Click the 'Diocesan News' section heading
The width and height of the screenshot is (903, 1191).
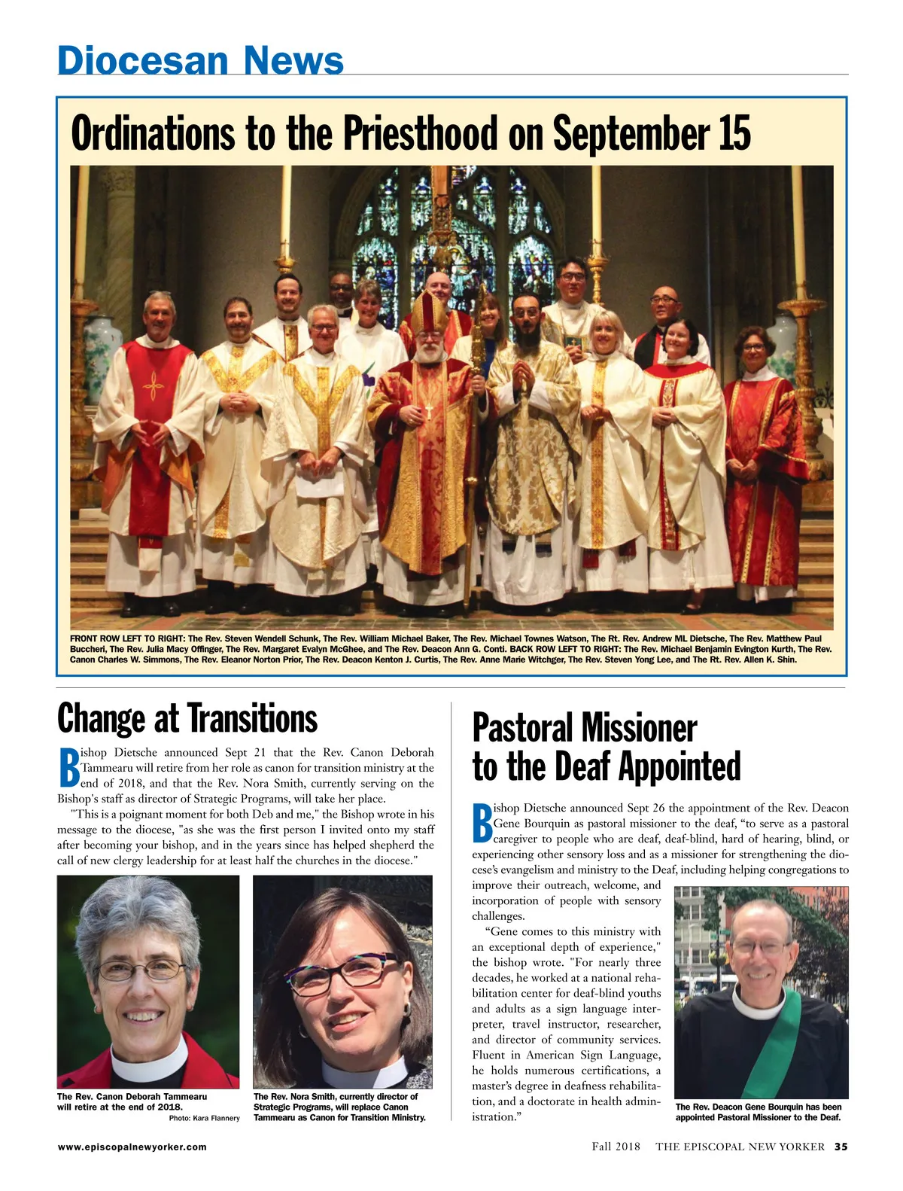click(x=200, y=60)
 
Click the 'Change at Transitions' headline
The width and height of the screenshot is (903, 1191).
click(x=187, y=718)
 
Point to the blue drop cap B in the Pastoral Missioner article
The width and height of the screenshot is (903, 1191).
click(x=482, y=824)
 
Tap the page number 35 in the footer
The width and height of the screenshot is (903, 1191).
click(x=841, y=1147)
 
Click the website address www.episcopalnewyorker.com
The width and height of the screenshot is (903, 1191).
click(x=132, y=1147)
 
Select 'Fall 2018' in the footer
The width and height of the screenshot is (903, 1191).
click(x=616, y=1147)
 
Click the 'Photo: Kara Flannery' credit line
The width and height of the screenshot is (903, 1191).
click(x=204, y=1118)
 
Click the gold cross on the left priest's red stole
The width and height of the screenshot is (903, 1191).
click(x=154, y=387)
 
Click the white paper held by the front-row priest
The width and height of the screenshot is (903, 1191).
click(x=319, y=482)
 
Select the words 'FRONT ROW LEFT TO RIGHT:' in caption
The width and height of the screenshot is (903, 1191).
click(x=127, y=638)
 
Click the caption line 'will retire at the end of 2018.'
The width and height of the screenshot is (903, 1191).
click(x=120, y=1107)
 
